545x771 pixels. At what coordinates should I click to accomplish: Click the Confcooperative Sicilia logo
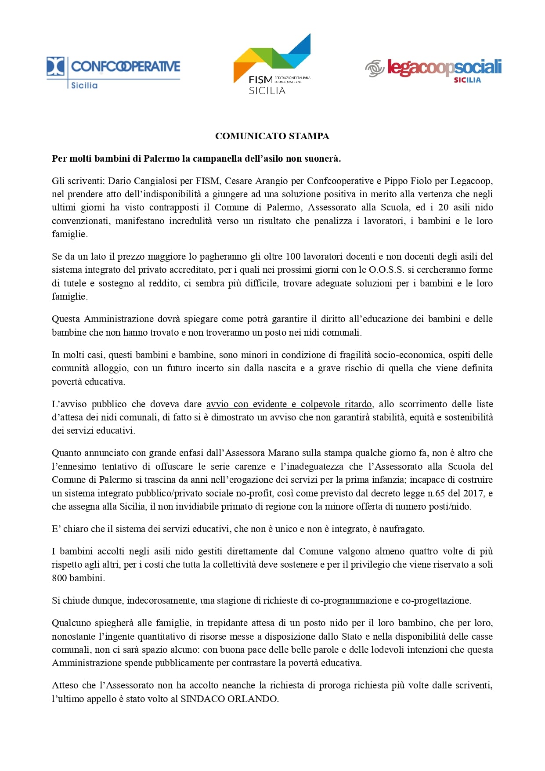coord(113,72)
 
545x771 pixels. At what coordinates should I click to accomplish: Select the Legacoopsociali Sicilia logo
coord(433,70)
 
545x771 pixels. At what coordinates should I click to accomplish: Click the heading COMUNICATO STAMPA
coord(272,136)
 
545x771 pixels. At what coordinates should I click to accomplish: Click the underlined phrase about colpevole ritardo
coord(289,404)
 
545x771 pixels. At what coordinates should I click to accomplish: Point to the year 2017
coord(473,493)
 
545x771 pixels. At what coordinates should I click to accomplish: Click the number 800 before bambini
coord(59,578)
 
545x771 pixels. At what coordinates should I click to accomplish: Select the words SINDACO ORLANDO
coord(229,699)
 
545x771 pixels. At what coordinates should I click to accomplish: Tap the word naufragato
coord(401,529)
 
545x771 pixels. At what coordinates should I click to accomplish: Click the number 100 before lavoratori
coord(293,257)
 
